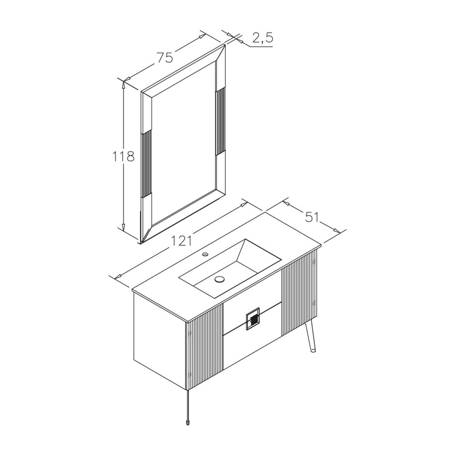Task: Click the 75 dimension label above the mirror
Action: [x=165, y=57]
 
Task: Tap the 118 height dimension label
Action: [x=123, y=157]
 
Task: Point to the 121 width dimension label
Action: [x=182, y=241]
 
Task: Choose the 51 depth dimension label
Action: [x=312, y=217]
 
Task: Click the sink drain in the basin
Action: [x=220, y=279]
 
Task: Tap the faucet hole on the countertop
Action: [x=205, y=255]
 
